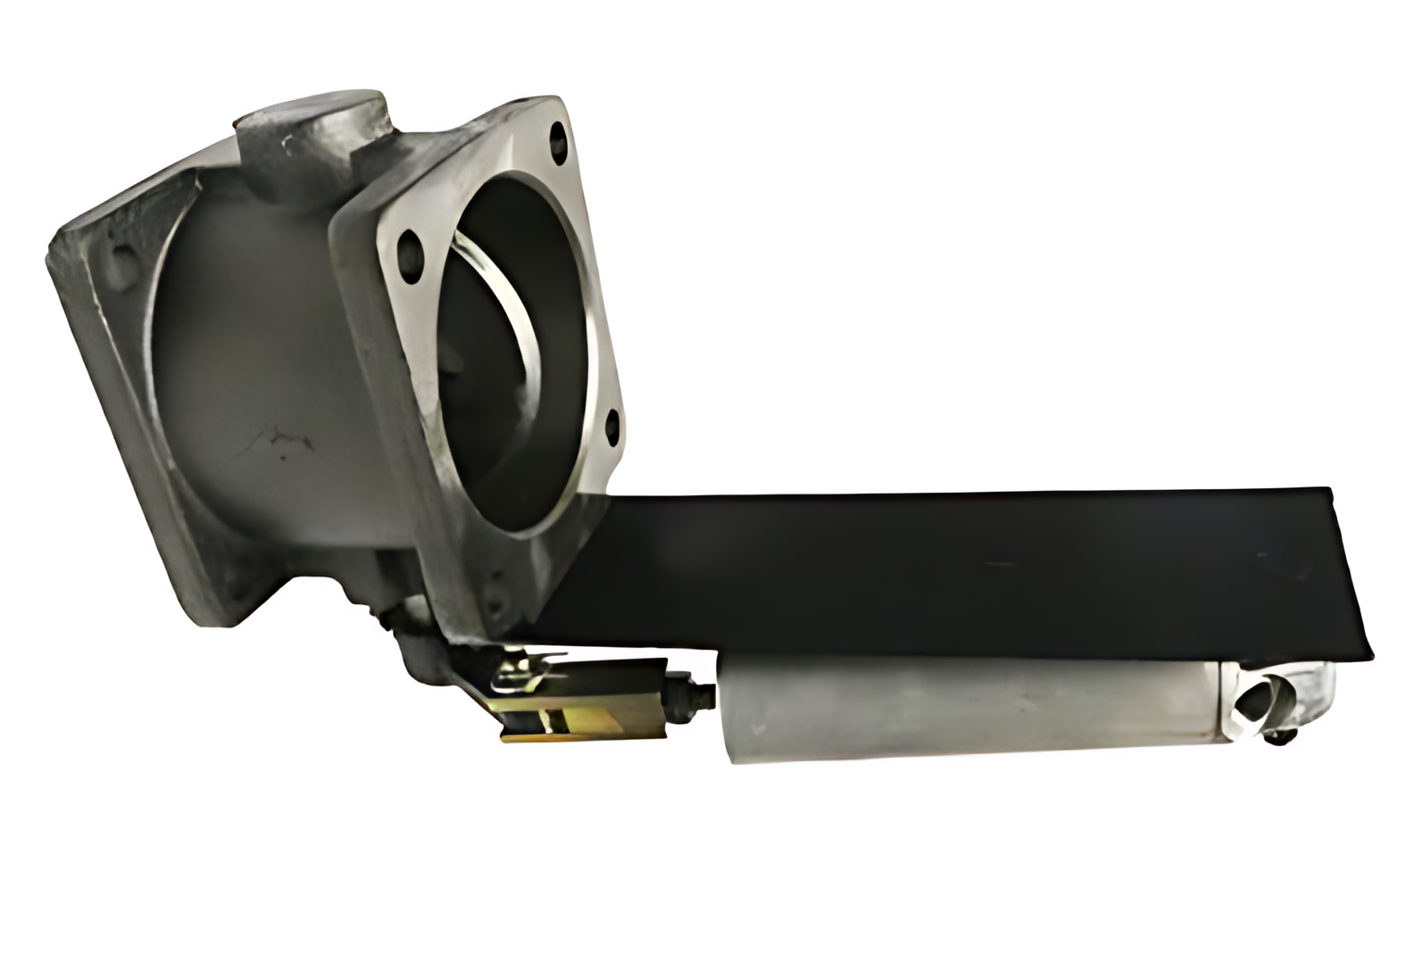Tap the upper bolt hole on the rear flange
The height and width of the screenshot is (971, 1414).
pyautogui.click(x=118, y=259)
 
